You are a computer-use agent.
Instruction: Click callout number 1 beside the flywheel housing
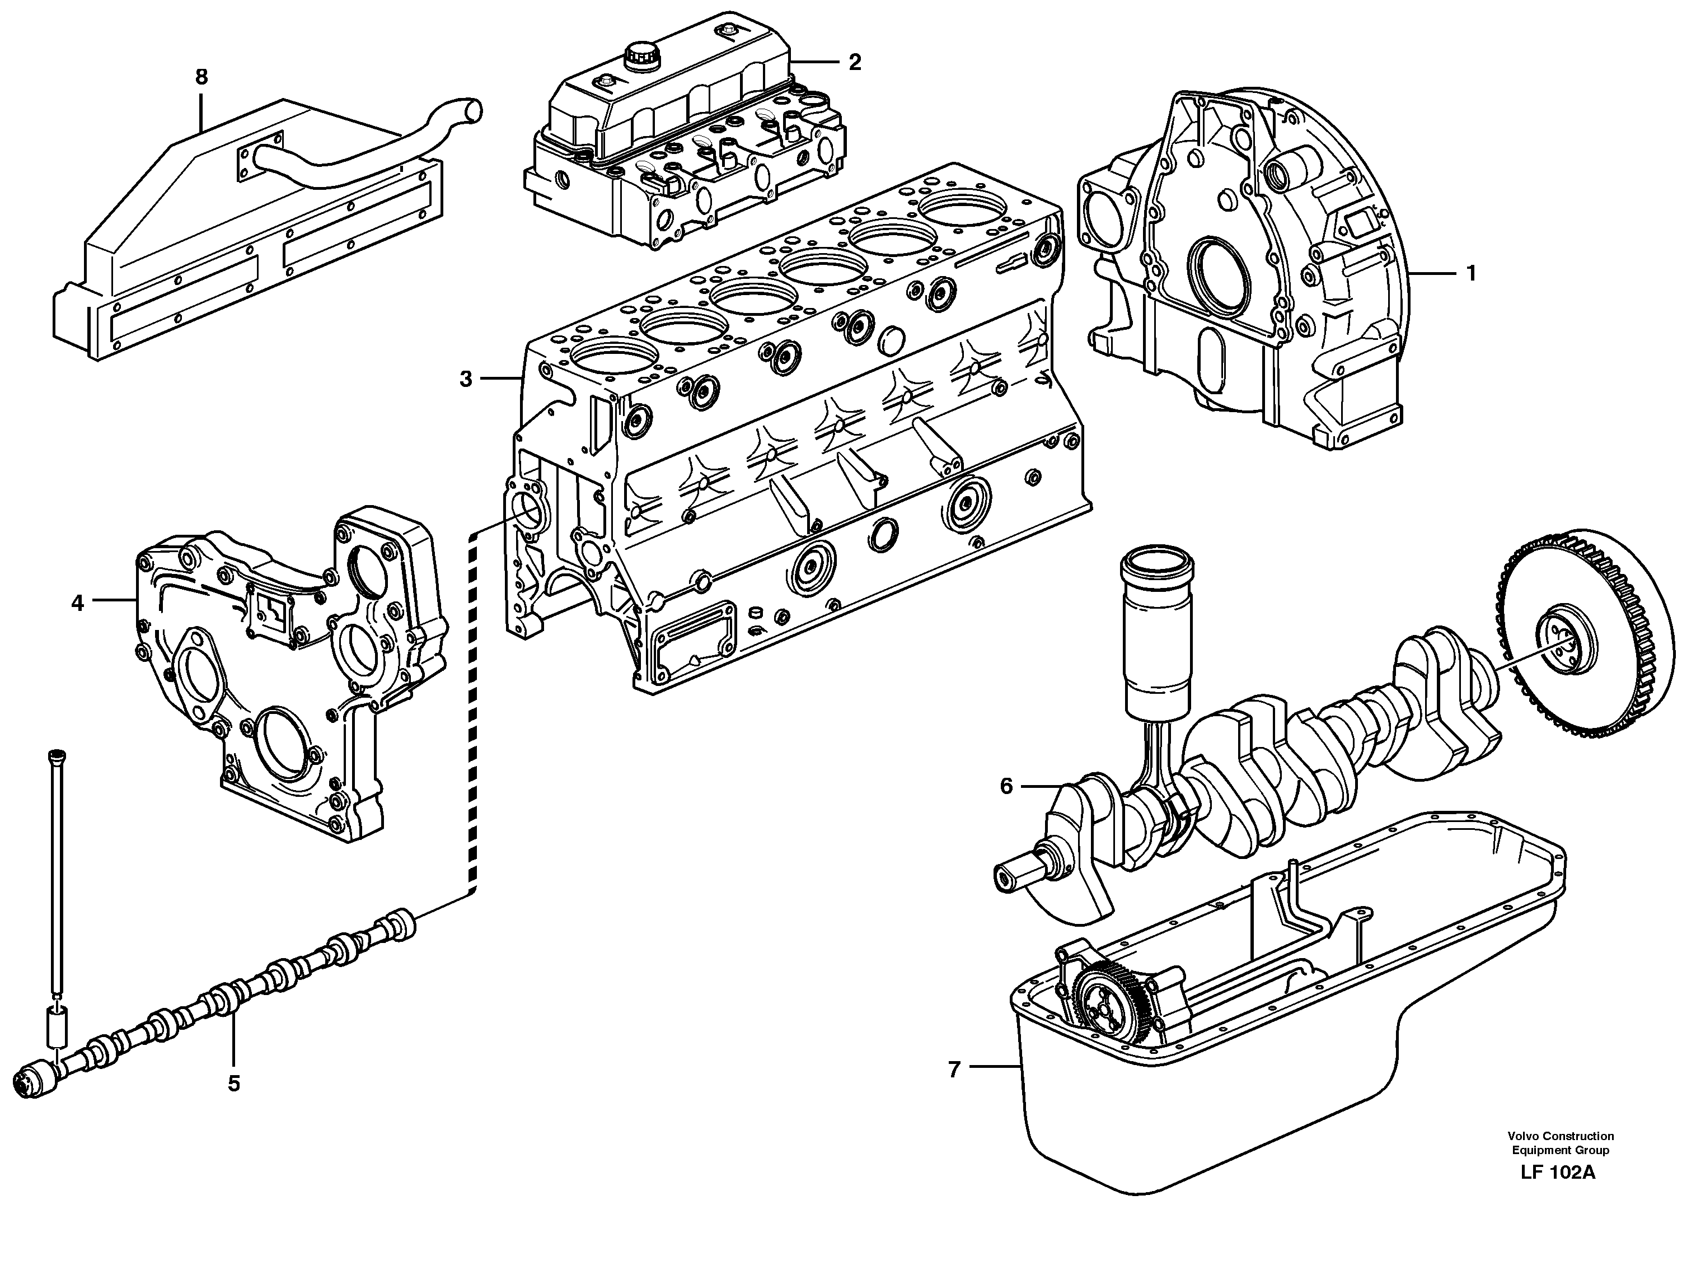click(1470, 273)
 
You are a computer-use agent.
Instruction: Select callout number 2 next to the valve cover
click(855, 62)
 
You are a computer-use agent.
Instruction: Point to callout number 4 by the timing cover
click(77, 604)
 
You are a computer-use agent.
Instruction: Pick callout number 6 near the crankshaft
click(1006, 786)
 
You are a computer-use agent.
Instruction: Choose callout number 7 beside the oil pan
click(954, 1069)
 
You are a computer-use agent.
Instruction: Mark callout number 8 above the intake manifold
click(201, 77)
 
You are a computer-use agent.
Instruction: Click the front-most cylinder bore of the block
click(615, 361)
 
